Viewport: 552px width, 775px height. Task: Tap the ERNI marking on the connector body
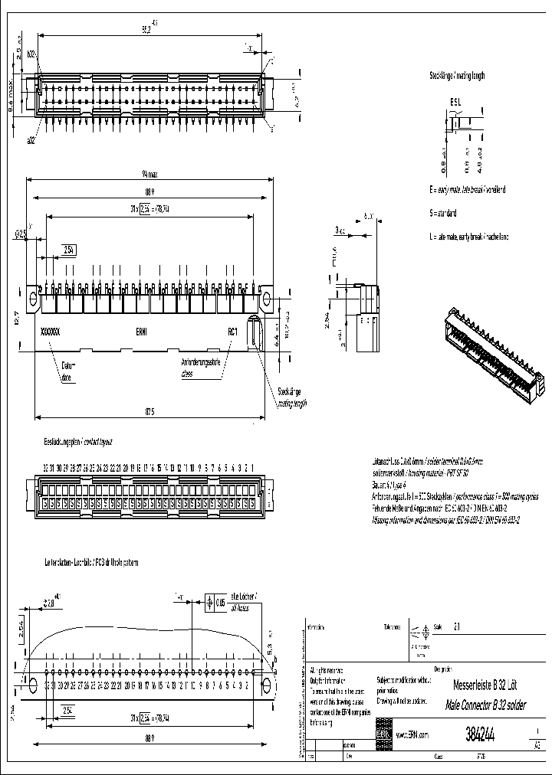[x=143, y=332]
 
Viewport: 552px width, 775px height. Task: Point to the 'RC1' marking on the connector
[x=233, y=332]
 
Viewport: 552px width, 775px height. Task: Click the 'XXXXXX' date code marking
[x=49, y=332]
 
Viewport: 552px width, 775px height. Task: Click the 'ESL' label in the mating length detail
[x=455, y=102]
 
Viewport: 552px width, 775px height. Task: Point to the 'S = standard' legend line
[x=444, y=212]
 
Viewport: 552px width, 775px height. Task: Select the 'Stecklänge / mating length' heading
[x=457, y=76]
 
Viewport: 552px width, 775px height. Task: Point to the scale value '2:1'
[x=458, y=626]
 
